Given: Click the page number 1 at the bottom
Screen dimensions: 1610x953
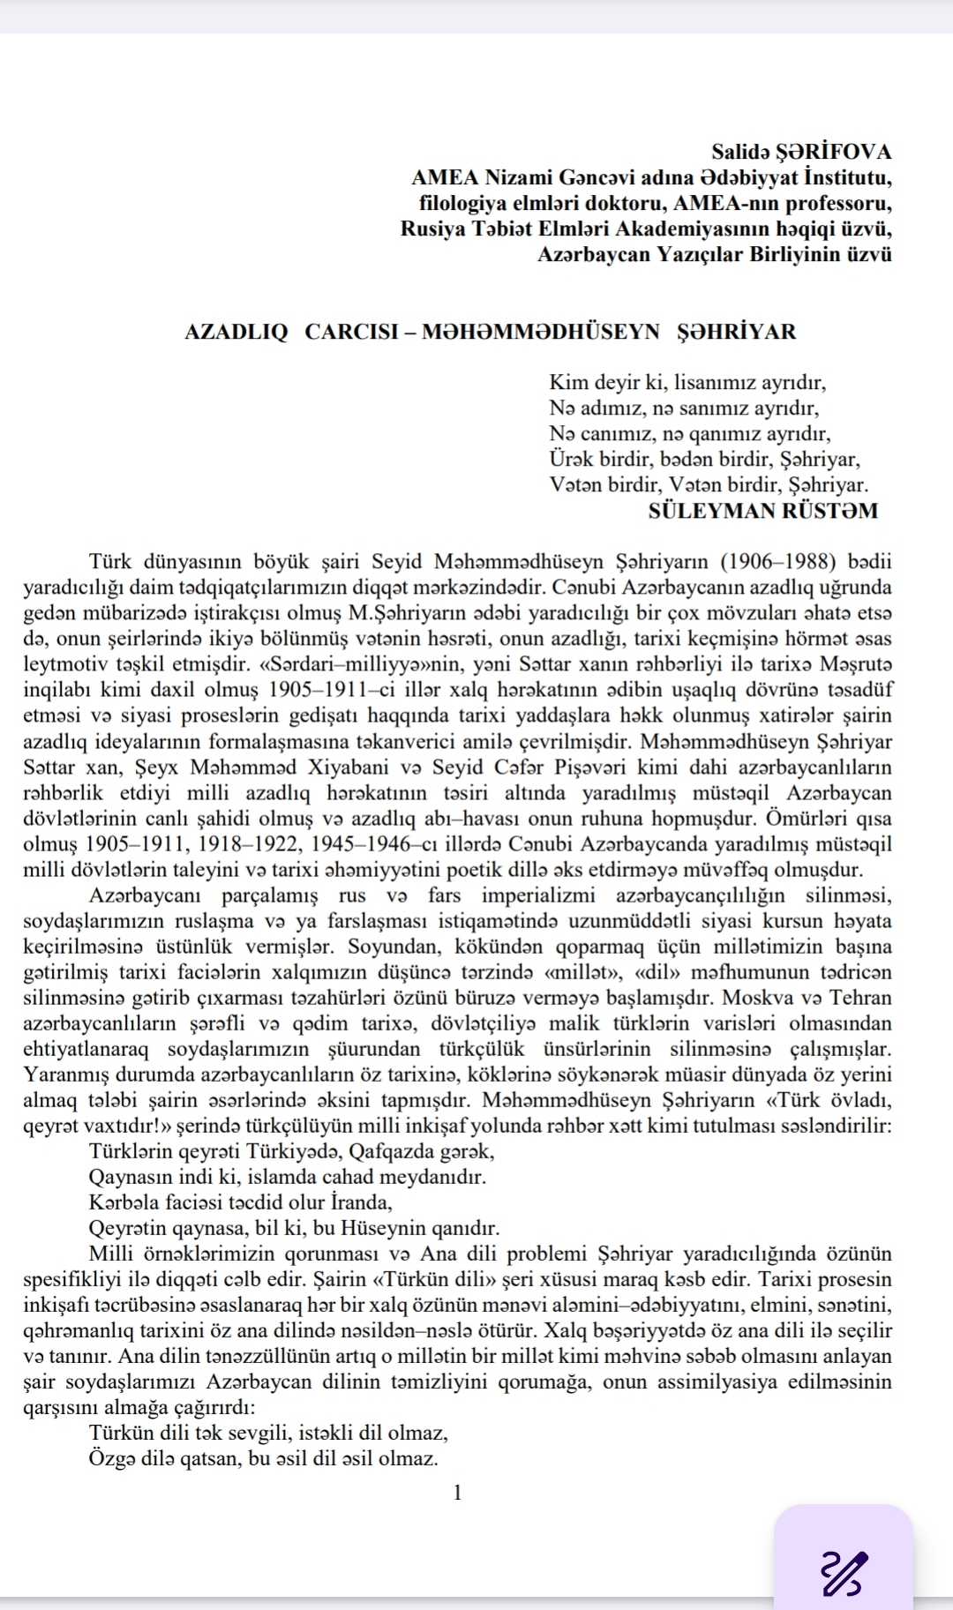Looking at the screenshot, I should point(456,1493).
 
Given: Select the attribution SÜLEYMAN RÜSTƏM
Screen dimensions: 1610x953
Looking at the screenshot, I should point(763,511).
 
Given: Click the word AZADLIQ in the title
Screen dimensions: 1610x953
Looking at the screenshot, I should point(236,333).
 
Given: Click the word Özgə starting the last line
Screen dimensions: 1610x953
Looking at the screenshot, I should point(112,1458).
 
